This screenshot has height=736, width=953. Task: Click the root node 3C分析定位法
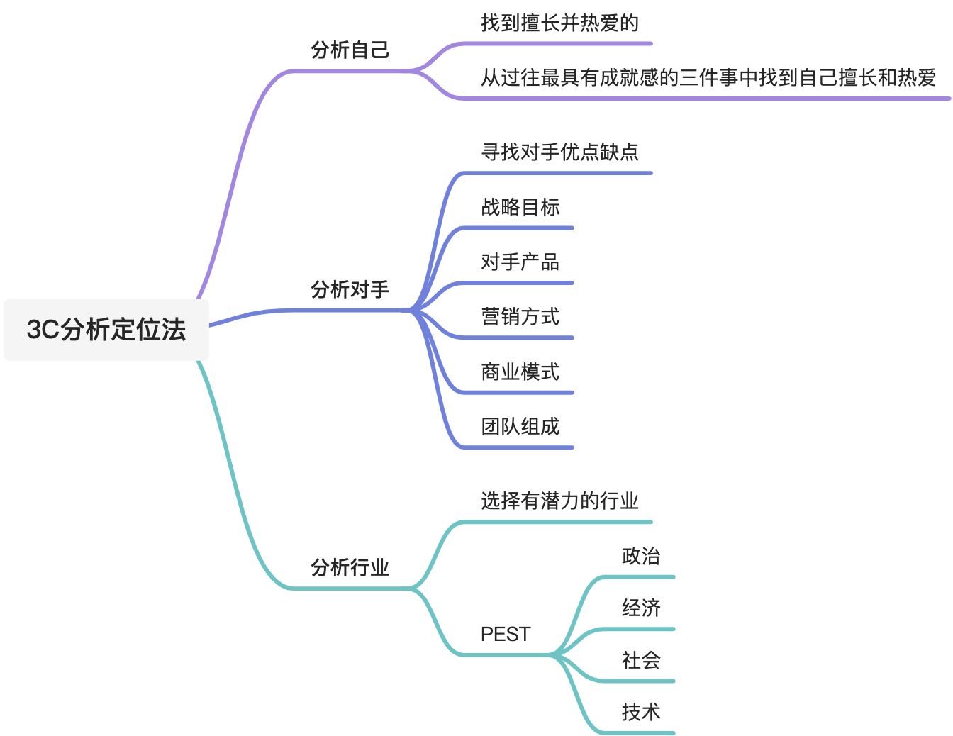point(106,330)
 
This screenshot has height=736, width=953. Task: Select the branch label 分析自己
point(350,50)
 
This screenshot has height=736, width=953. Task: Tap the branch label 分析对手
point(350,289)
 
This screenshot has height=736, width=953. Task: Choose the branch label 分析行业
point(350,567)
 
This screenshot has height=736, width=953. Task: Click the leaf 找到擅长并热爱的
point(559,23)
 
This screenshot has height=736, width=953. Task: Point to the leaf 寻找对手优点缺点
point(559,152)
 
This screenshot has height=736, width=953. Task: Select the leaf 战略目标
point(520,207)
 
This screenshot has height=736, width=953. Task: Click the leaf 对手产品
point(520,262)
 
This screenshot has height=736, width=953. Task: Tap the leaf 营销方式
point(520,316)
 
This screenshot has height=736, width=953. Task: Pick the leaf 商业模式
point(520,372)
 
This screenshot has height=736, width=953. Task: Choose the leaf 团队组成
point(520,426)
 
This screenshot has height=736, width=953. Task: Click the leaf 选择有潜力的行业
point(559,501)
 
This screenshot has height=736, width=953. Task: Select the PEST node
point(505,634)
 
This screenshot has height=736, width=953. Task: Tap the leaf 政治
point(640,556)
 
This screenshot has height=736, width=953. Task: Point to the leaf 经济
point(640,608)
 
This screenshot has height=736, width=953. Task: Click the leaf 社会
point(640,660)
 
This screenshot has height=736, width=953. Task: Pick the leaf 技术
point(640,712)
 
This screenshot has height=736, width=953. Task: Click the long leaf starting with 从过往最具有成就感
point(708,77)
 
